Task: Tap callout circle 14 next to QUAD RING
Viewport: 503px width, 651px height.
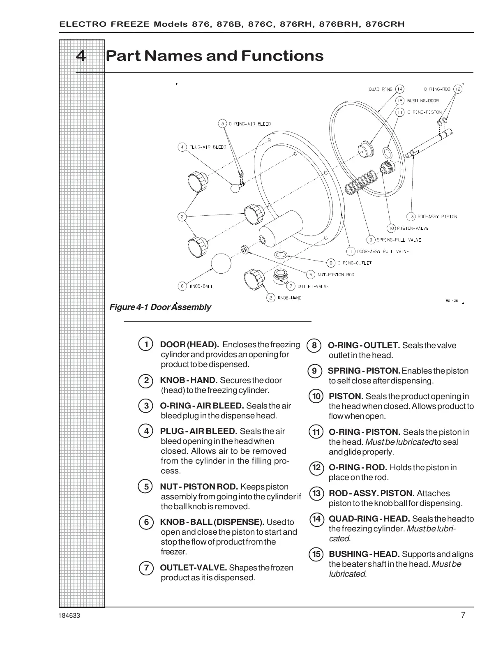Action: [399, 89]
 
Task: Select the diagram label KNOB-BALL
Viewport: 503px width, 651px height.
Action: [201, 286]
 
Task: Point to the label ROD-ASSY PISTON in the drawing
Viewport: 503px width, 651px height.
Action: [437, 217]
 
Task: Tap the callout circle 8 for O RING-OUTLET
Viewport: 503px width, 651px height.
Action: [331, 263]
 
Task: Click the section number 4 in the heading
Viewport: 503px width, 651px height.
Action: [81, 56]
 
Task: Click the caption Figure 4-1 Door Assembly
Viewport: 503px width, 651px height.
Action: [160, 307]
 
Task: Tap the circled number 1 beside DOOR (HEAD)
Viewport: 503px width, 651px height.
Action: [146, 344]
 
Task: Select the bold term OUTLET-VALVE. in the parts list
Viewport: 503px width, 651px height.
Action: [193, 568]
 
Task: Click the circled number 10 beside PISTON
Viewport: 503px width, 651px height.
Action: [316, 397]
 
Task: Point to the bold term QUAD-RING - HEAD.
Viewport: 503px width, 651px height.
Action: [369, 519]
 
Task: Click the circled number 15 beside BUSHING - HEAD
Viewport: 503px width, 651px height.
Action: [316, 554]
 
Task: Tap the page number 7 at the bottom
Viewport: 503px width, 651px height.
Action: [463, 615]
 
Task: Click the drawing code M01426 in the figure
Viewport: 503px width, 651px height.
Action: [452, 300]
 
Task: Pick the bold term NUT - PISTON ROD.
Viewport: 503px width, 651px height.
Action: [199, 487]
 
